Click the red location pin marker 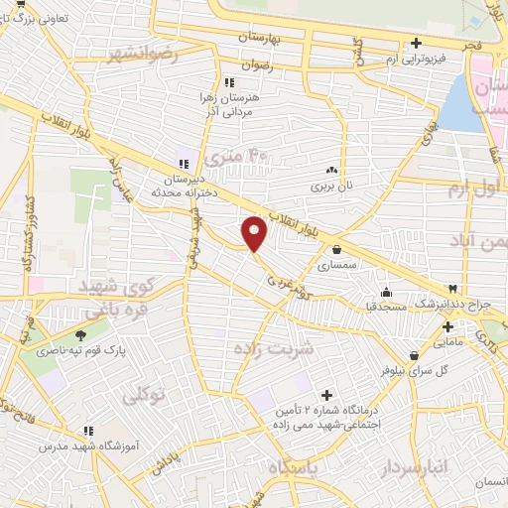(255, 233)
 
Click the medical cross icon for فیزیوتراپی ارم (416, 43)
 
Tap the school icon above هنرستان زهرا (229, 82)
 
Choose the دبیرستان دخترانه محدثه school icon (182, 164)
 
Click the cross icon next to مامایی (447, 325)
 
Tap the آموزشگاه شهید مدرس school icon (88, 431)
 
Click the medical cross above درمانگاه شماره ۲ (325, 395)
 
